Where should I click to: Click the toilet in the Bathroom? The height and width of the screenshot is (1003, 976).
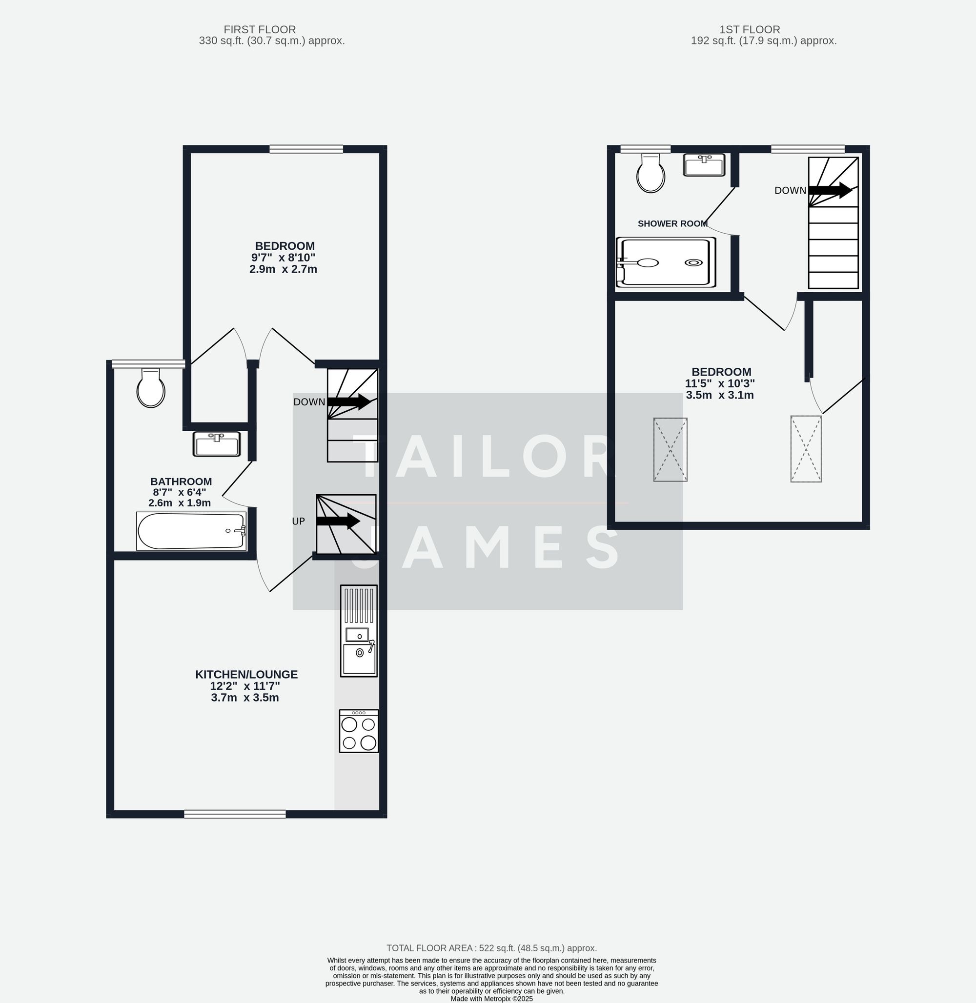coord(151,388)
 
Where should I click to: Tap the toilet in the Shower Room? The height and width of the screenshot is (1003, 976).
coord(651,174)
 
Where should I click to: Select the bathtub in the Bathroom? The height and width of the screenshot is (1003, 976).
coord(191,531)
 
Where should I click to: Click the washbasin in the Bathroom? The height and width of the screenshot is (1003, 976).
coord(216,444)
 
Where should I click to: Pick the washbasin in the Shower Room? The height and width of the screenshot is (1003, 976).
coord(704,165)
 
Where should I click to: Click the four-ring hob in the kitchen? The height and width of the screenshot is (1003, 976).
coord(359,731)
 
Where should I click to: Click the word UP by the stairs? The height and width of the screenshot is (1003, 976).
coord(298,521)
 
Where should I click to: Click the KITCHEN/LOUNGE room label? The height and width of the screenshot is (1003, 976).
coord(246,675)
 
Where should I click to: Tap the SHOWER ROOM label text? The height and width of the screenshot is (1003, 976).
coord(672,223)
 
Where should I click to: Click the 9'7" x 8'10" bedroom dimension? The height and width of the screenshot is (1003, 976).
coord(283,258)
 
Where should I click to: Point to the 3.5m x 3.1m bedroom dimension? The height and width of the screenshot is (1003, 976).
coord(720,395)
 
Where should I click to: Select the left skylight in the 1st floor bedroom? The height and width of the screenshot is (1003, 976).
coord(670,449)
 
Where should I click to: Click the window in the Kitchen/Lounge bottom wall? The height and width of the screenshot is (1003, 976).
coord(235,814)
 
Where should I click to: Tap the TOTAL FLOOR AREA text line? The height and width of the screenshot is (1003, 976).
coord(491,948)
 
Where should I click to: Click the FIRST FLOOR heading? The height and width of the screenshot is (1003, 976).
coord(260,30)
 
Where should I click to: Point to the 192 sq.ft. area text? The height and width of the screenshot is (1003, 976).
coord(764,41)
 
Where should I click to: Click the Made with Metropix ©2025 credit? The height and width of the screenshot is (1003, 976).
coord(491,999)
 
